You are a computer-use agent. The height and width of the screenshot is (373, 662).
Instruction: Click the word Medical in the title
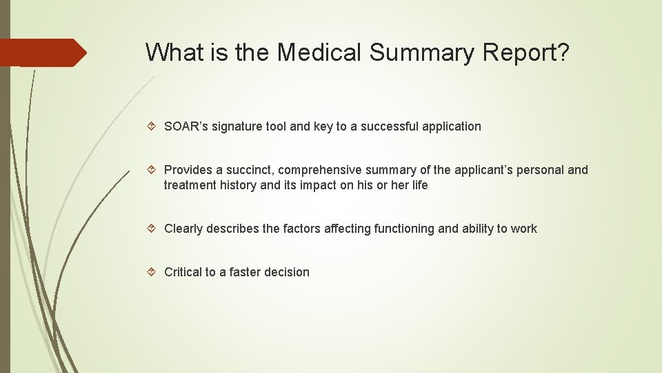pyautogui.click(x=320, y=52)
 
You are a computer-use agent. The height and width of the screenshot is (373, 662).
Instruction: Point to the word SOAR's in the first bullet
pyautogui.click(x=183, y=126)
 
